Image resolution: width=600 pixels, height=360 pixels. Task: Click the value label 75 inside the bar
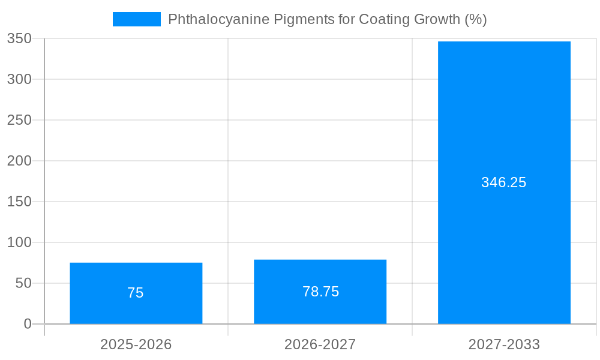pos(136,293)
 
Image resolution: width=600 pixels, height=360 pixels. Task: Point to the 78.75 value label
pos(320,292)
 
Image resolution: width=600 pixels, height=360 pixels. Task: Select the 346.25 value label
pos(503,182)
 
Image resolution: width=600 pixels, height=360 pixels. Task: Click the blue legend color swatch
pos(137,19)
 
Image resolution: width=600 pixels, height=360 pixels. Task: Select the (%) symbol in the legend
pos(475,19)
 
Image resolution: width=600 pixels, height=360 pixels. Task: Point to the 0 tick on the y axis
pos(28,324)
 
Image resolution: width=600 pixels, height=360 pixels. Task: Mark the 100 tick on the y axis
pos(19,242)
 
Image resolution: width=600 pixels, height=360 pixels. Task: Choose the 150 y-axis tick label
pos(19,202)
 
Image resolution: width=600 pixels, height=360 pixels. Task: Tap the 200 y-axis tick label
pos(19,161)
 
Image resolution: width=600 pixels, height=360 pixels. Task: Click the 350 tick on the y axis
pos(19,38)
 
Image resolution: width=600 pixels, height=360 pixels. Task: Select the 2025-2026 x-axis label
pos(136,344)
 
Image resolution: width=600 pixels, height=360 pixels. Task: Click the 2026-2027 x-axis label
pos(320,344)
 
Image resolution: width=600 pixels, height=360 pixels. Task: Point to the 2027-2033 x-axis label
pos(504,344)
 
